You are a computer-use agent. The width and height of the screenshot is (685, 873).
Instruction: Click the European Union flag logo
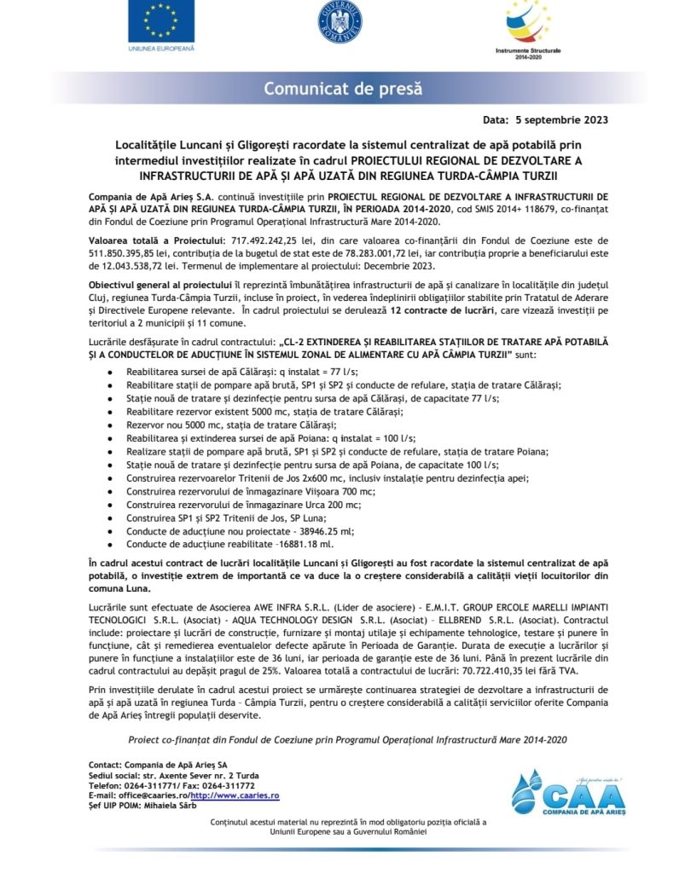click(x=161, y=22)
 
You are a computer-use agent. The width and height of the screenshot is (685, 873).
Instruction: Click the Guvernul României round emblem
click(x=340, y=21)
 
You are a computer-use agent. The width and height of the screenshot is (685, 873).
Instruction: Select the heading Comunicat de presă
click(x=342, y=89)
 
